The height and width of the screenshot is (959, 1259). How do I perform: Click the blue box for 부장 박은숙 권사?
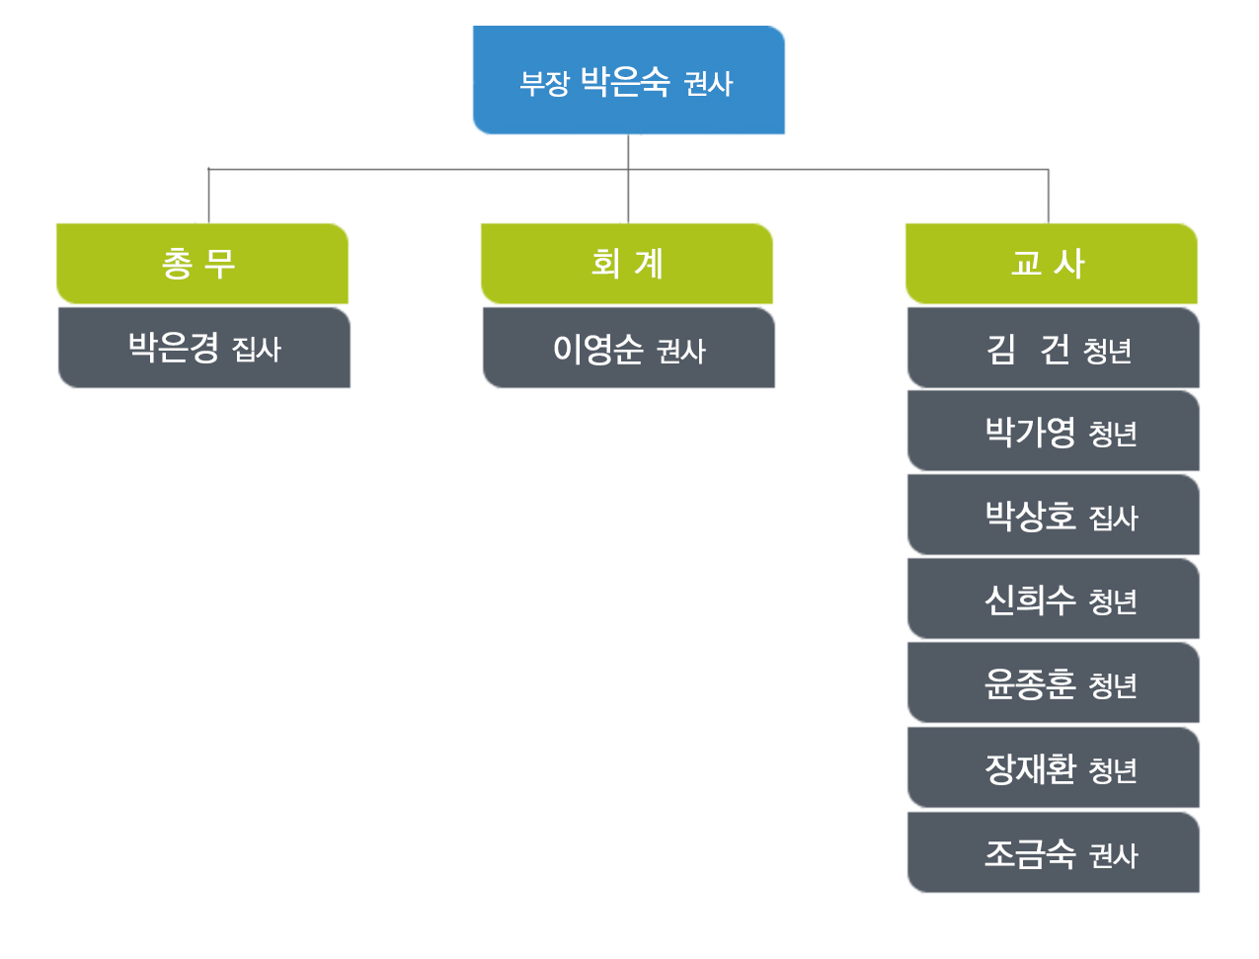click(629, 80)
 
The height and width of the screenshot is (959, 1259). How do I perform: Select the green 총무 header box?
click(201, 264)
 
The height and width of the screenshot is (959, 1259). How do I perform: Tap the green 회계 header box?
click(626, 264)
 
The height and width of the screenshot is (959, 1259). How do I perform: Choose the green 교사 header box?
click(1052, 264)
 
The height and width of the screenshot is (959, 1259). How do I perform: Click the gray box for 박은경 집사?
click(204, 348)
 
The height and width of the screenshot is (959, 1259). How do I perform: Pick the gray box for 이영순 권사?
click(629, 348)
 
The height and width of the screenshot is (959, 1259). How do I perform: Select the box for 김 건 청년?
click(1053, 348)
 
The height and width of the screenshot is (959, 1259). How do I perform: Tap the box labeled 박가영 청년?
click(1053, 431)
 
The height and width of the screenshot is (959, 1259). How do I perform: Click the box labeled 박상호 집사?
click(1053, 515)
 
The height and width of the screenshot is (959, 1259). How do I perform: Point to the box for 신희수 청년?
click(1053, 599)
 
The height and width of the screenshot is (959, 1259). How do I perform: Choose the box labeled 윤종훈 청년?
click(1053, 682)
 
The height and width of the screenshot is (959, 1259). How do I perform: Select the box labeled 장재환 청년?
click(1053, 767)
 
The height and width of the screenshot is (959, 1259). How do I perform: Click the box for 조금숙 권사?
click(1053, 852)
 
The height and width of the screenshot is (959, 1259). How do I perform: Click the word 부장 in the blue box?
click(544, 83)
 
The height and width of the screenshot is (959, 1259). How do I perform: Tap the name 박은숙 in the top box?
click(625, 81)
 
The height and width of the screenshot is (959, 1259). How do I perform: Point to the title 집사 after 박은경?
click(257, 350)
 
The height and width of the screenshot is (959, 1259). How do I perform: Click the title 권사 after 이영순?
click(680, 351)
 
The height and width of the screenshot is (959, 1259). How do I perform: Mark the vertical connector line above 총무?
click(208, 196)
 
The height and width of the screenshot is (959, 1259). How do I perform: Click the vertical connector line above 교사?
click(1049, 196)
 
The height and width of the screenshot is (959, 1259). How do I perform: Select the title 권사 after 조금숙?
click(1113, 855)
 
